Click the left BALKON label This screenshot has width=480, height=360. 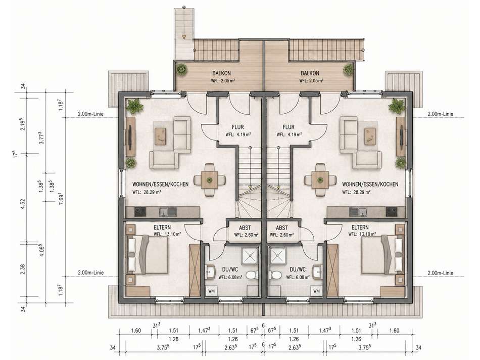[221, 73]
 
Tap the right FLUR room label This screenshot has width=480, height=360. [289, 127]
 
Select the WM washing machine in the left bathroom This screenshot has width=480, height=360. [211, 291]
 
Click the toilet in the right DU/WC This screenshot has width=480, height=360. [275, 275]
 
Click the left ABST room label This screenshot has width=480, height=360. [245, 228]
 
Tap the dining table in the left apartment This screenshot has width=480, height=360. [210, 179]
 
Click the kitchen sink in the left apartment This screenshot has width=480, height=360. [167, 211]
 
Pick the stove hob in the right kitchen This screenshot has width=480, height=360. [392, 211]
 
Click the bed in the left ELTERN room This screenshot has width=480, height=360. [147, 254]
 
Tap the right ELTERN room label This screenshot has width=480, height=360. [360, 228]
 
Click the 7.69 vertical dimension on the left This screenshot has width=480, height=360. [61, 197]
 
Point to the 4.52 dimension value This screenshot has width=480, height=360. [23, 204]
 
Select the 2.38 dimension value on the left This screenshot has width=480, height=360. [23, 269]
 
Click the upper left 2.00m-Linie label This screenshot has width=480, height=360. [90, 114]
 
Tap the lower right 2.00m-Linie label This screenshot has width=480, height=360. [440, 273]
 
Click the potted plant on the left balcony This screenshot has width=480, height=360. [182, 69]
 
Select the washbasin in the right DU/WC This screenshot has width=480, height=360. [316, 271]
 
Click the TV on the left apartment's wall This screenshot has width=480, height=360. [131, 136]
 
